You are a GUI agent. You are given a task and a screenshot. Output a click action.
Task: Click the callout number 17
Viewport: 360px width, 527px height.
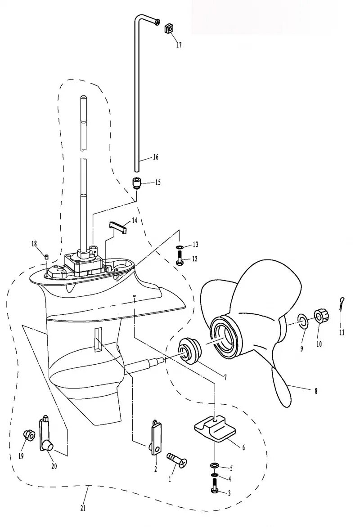[179, 45]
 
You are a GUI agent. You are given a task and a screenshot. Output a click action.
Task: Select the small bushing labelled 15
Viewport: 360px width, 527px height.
[136, 183]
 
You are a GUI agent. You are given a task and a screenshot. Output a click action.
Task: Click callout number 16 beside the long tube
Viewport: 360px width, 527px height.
[155, 157]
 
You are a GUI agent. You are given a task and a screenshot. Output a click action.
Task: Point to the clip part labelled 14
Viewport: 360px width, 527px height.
[118, 226]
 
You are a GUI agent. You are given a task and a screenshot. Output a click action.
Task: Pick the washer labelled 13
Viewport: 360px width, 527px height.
[180, 247]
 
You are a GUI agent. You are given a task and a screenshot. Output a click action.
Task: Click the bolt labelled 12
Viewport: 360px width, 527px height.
[180, 259]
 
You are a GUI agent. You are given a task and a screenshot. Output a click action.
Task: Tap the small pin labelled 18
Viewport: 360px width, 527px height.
[46, 256]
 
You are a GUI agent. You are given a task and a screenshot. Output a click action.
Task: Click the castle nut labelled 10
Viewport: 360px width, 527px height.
[320, 317]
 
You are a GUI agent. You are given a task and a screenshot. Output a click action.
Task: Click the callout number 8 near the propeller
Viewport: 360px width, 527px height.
[316, 391]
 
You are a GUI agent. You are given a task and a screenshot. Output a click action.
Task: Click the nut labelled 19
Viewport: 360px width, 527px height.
[28, 435]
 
